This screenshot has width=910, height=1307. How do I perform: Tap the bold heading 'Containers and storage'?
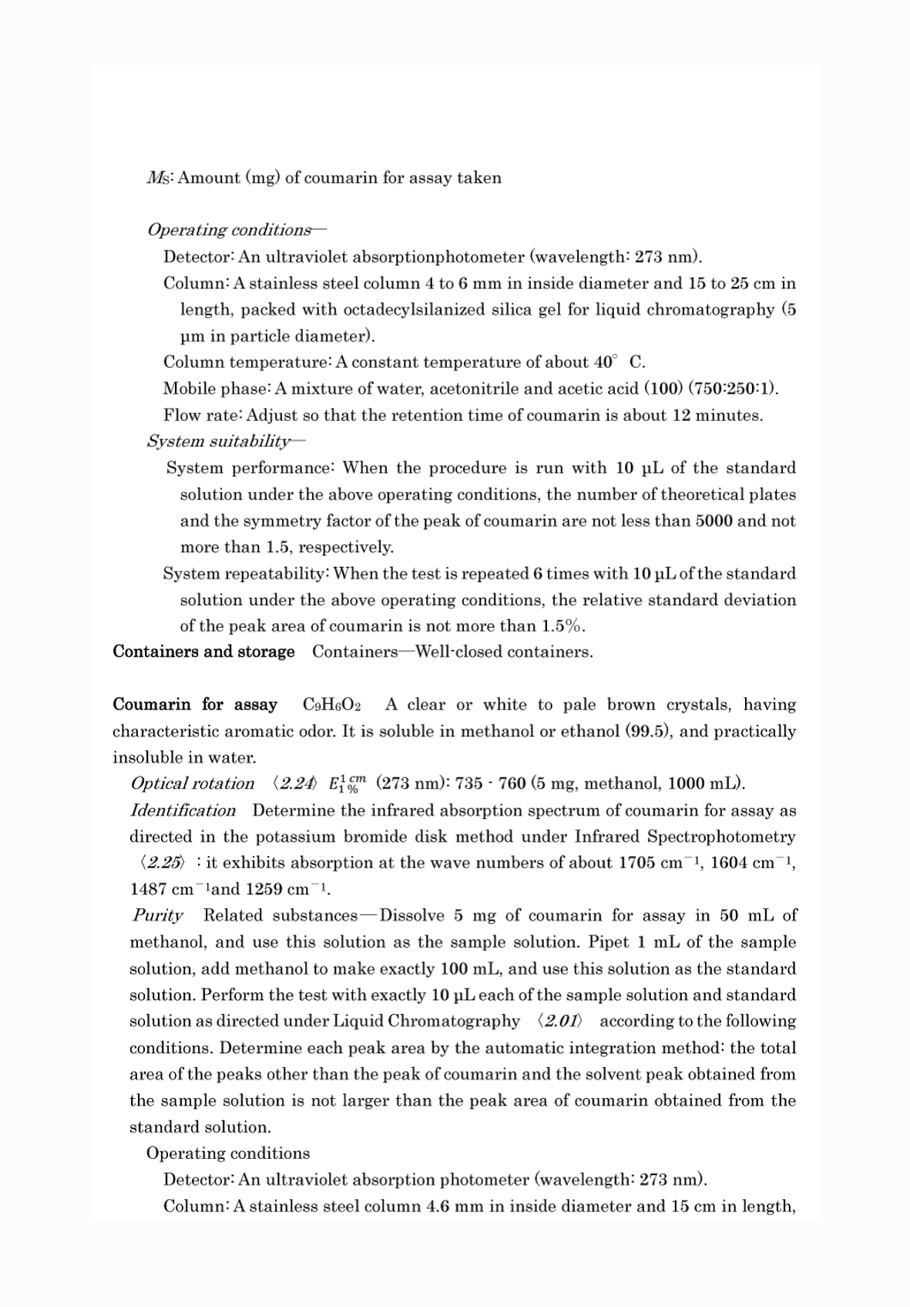point(203,652)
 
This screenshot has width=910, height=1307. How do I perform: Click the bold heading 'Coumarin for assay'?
point(195,705)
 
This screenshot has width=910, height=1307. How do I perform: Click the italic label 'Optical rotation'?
point(193,784)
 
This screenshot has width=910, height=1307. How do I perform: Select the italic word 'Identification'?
point(183,810)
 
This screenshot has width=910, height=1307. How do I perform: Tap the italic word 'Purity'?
point(157,915)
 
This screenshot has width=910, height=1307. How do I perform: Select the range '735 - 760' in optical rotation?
point(490,784)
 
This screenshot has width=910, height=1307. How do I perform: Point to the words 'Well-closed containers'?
point(504,652)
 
